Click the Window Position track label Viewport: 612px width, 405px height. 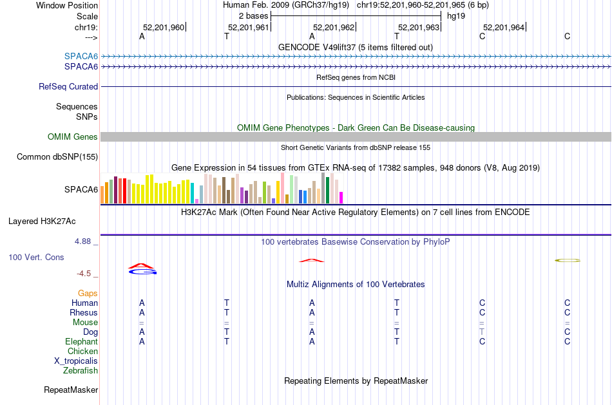[x=67, y=5]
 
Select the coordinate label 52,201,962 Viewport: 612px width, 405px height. [x=334, y=27]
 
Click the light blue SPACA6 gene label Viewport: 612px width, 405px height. [x=81, y=56]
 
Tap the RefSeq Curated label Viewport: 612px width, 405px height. [x=68, y=87]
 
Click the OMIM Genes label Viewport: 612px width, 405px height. [x=73, y=137]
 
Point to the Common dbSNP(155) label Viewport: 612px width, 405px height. [x=57, y=157]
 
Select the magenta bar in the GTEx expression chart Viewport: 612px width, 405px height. [x=341, y=198]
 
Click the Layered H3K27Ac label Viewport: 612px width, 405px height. [x=42, y=221]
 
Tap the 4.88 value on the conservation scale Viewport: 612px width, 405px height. [x=82, y=241]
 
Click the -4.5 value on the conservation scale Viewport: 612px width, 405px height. [x=84, y=274]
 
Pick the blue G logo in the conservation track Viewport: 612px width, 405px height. [x=143, y=271]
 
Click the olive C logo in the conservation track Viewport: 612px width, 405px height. [x=568, y=260]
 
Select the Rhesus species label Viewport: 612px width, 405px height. [x=84, y=312]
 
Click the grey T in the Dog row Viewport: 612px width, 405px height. [x=482, y=332]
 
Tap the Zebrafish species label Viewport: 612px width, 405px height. [x=81, y=370]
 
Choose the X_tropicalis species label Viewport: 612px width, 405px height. [x=76, y=361]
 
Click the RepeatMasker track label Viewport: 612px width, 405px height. [x=71, y=390]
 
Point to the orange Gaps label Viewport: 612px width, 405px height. [x=88, y=294]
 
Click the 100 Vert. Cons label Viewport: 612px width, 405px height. [x=36, y=257]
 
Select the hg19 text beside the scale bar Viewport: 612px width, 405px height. [x=456, y=16]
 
